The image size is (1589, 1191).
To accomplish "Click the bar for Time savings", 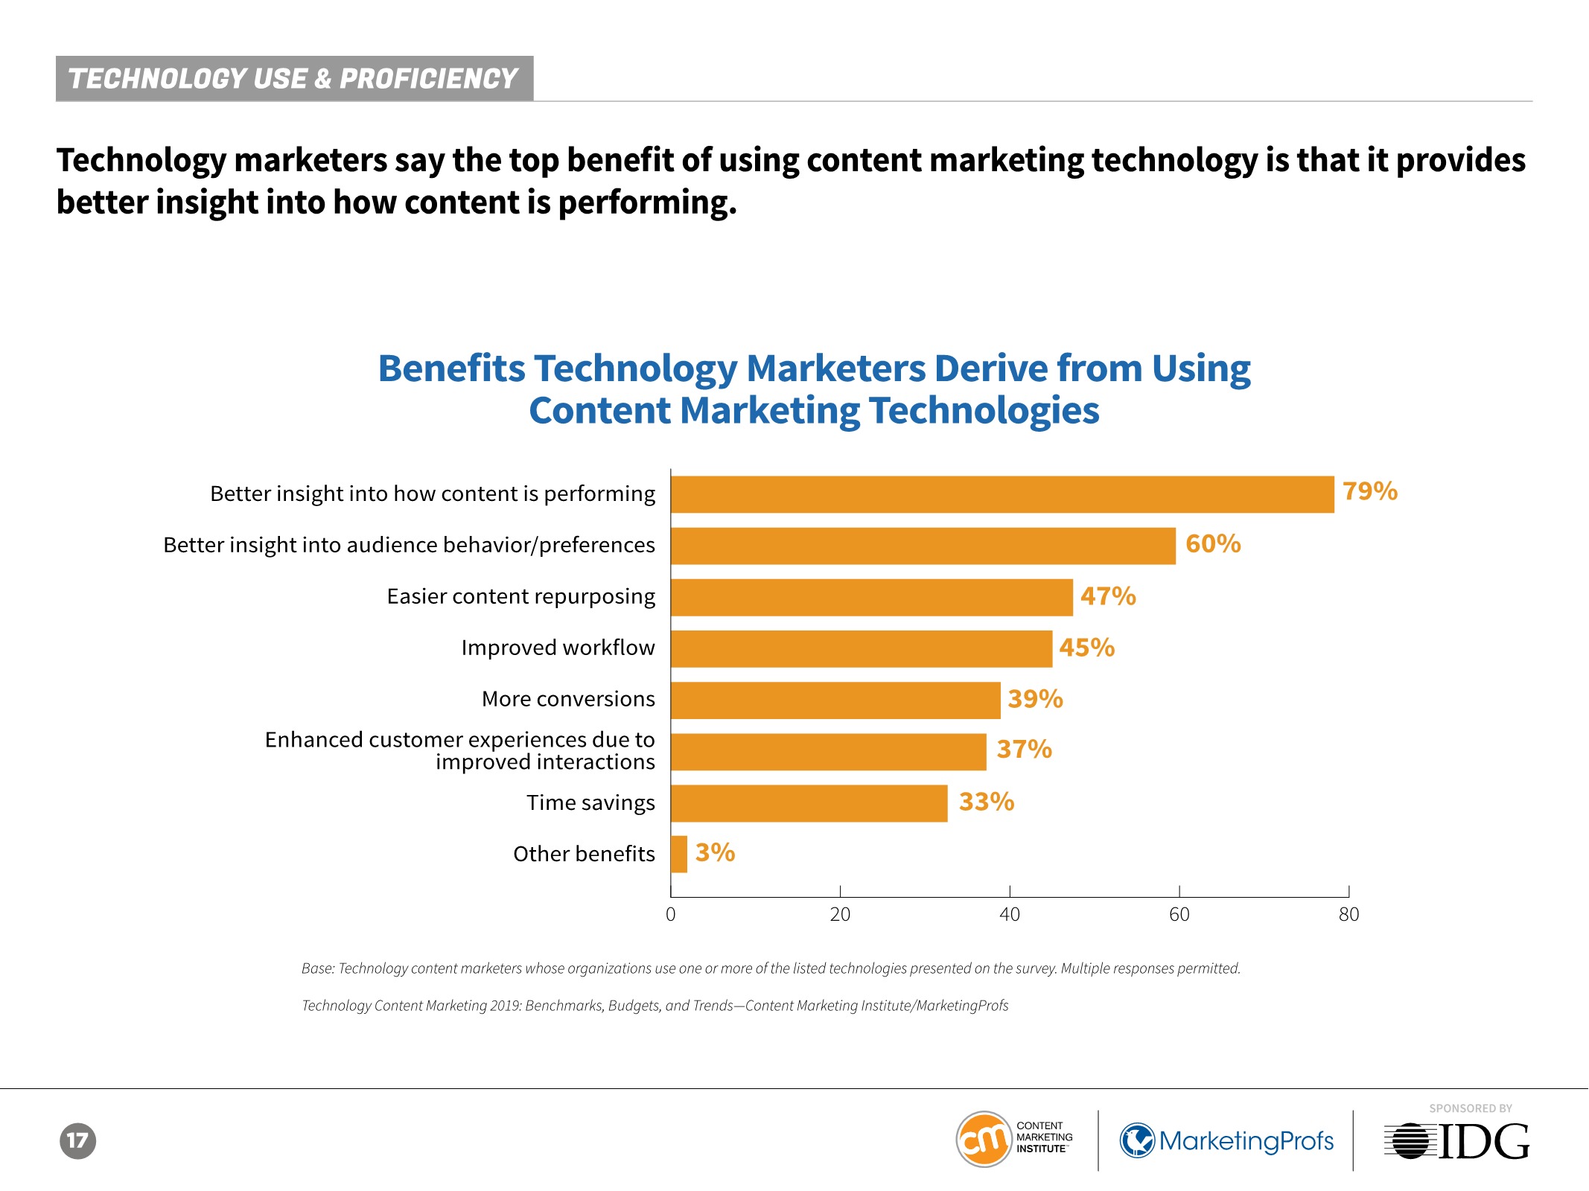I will click(x=809, y=803).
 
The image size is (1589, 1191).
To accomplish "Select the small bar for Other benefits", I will click(x=679, y=854).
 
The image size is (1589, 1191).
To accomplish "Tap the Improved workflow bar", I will click(x=862, y=648).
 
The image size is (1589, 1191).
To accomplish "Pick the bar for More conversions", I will click(x=835, y=700).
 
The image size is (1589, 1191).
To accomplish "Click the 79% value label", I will click(x=1370, y=491).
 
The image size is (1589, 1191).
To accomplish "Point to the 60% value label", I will click(x=1213, y=544).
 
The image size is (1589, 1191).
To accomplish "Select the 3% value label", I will click(x=715, y=852).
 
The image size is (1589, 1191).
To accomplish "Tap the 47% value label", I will click(x=1108, y=596).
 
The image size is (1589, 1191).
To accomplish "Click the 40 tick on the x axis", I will click(x=1010, y=914).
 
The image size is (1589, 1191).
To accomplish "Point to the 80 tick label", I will click(x=1348, y=914).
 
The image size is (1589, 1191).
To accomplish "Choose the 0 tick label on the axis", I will click(x=671, y=914).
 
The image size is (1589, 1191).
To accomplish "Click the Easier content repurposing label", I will click(x=520, y=597).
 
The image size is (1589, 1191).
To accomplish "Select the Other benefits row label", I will click(x=584, y=854).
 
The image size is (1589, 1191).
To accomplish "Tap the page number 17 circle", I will click(x=78, y=1140).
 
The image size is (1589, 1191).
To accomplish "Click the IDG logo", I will click(x=1456, y=1141).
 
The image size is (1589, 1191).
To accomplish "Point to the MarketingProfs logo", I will click(x=1227, y=1140).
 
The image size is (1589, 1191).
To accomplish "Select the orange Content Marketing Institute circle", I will click(x=984, y=1140).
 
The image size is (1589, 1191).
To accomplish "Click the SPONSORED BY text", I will click(x=1471, y=1108).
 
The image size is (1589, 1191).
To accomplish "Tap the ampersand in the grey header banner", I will click(x=323, y=79).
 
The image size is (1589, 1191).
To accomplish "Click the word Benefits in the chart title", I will click(x=451, y=368).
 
